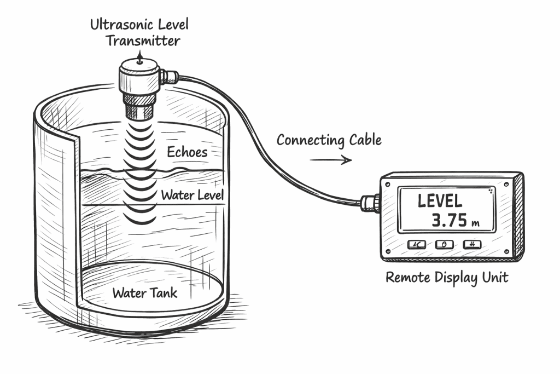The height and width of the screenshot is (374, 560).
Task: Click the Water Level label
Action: tap(192, 195)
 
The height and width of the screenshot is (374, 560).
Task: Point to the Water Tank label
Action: tap(145, 292)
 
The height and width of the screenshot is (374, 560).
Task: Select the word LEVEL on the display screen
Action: tap(440, 200)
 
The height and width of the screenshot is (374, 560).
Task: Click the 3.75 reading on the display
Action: tap(450, 220)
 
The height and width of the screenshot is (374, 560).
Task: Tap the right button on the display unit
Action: tap(471, 244)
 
